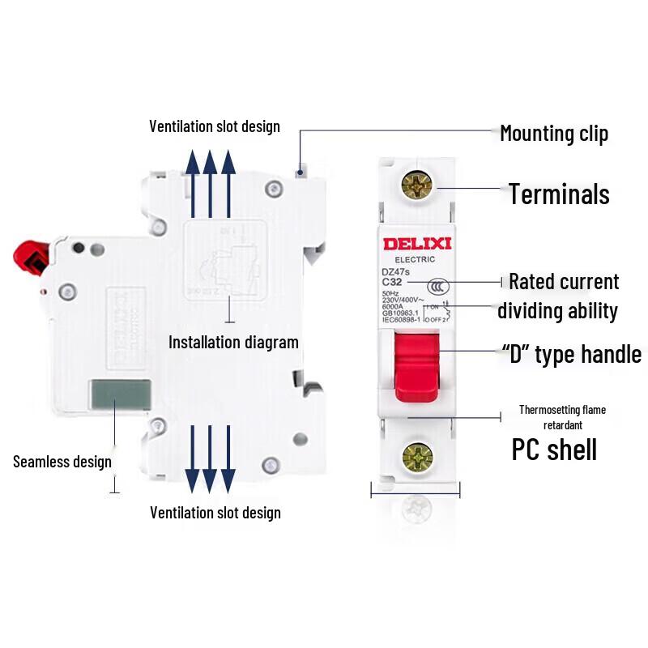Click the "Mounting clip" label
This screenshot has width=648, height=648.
point(553,133)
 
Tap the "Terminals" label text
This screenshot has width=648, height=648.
point(559,194)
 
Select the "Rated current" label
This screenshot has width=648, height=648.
point(564,282)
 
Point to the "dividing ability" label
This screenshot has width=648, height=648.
point(557,310)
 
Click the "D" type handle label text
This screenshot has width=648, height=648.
point(572,354)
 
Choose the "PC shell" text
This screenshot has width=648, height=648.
point(554,450)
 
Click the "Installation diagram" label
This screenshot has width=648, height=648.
point(233,342)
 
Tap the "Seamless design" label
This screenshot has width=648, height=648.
point(62,462)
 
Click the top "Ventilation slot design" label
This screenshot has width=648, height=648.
point(215,126)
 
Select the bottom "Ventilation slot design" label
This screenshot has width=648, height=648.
point(215,513)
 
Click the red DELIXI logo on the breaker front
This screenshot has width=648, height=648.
point(410,244)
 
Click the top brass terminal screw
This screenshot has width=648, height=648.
point(417,186)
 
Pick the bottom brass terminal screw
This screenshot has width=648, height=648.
point(417,458)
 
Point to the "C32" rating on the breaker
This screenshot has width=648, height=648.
point(393,282)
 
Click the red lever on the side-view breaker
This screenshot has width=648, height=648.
point(28,258)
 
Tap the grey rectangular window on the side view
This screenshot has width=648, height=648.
point(120,394)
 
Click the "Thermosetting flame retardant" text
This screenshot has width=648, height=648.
point(562,416)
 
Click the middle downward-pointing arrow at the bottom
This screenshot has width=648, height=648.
point(211,458)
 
